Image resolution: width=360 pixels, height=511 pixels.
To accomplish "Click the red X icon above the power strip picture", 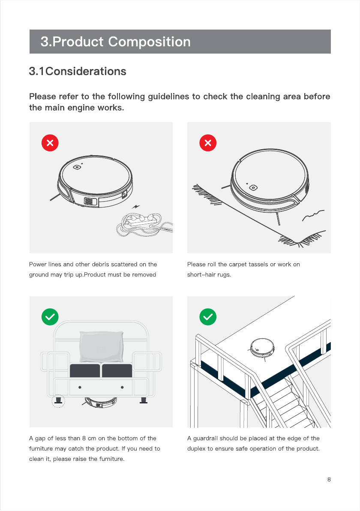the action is [50, 143].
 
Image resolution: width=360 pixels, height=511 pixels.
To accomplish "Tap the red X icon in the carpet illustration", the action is [208, 143].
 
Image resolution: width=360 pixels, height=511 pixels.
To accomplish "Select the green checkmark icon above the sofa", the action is [50, 317].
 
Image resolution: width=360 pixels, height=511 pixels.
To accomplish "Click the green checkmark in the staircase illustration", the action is [208, 317].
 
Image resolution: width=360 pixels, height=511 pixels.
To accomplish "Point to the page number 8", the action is [329, 479].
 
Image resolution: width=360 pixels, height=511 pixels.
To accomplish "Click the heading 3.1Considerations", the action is [78, 71].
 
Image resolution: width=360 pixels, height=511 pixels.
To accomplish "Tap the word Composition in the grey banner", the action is [150, 42].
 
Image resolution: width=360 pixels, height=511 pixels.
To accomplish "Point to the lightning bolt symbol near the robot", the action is [137, 207].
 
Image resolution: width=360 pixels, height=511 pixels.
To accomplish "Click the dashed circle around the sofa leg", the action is [58, 402].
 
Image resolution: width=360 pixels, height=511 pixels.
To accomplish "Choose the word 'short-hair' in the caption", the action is [202, 274].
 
